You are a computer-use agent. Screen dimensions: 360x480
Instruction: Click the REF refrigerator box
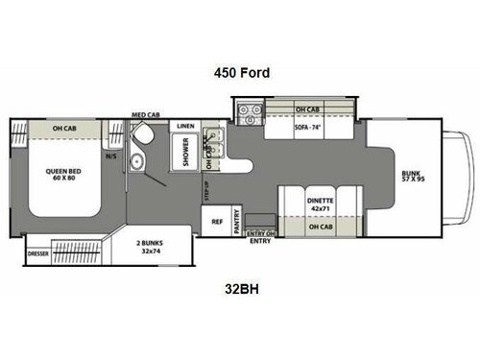218,220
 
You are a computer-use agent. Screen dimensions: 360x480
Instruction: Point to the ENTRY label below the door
259,242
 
